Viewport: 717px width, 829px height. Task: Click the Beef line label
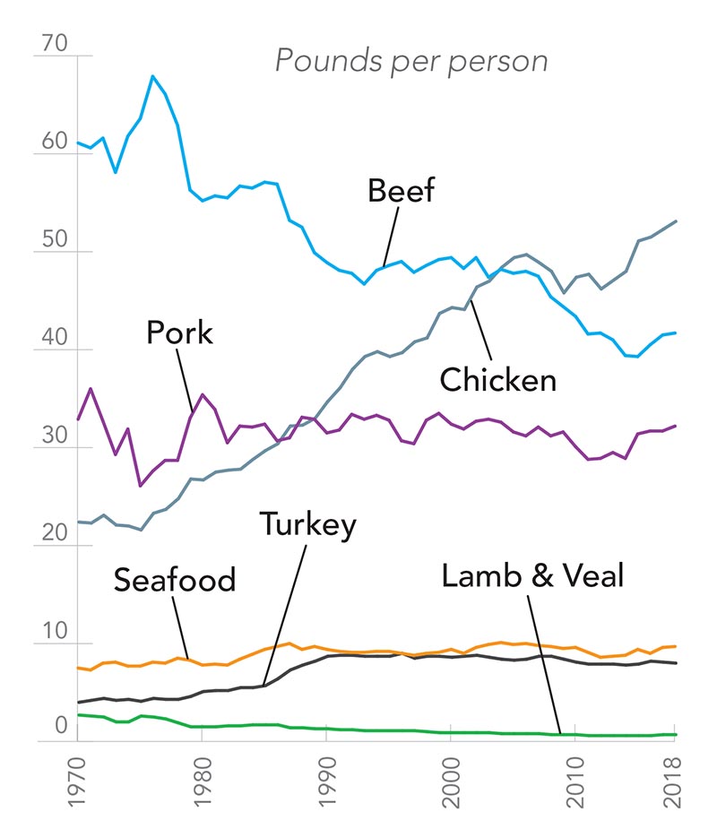(401, 191)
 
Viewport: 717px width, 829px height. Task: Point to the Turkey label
(307, 524)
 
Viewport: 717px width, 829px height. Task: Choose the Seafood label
(174, 580)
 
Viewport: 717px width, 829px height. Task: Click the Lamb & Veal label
(531, 574)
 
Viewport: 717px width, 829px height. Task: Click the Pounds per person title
(410, 61)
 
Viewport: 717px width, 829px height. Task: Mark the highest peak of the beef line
(152, 76)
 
